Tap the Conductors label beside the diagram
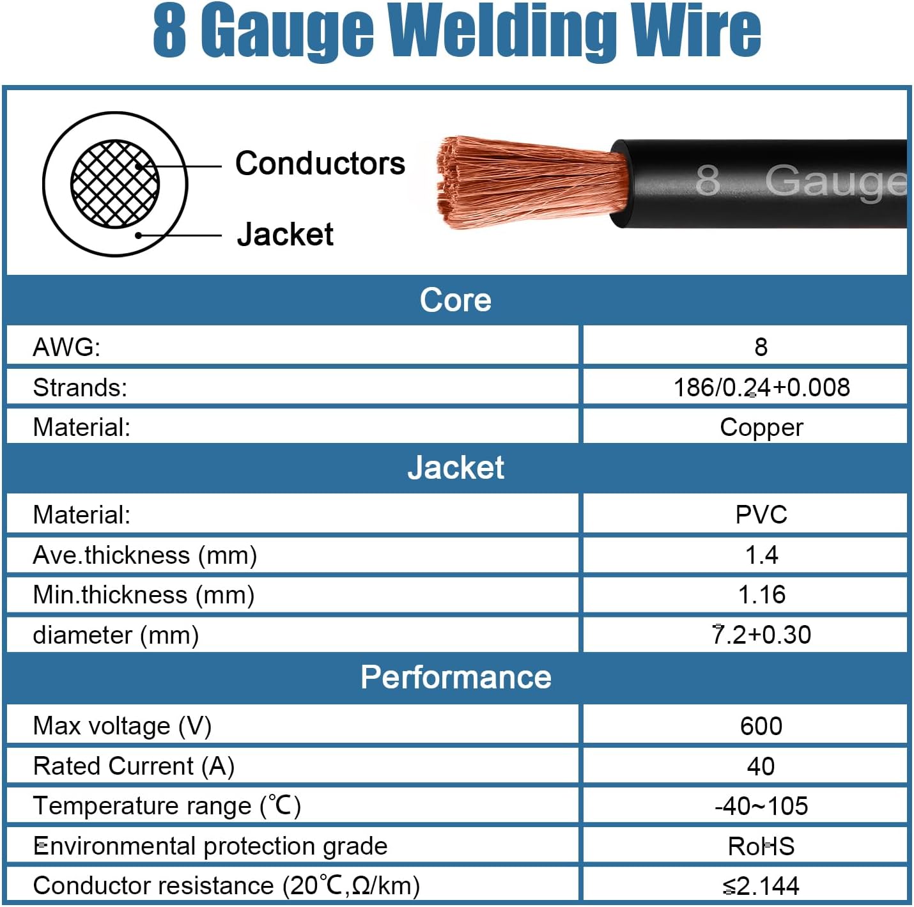pos(320,164)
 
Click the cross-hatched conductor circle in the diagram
pos(114,184)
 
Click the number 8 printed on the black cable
pos(707,180)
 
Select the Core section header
pos(456,300)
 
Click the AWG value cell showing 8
pos(760,346)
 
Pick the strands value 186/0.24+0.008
pos(761,387)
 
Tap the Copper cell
pos(761,428)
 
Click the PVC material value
pos(761,515)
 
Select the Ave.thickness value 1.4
pos(761,555)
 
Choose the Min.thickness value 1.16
pos(761,594)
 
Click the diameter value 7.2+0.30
pos(761,635)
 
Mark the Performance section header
pos(456,677)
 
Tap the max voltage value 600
pos(761,726)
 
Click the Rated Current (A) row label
pos(134,766)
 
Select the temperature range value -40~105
pos(761,806)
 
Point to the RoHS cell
pos(761,846)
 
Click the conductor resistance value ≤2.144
pos(761,886)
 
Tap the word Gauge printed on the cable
pos(835,182)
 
